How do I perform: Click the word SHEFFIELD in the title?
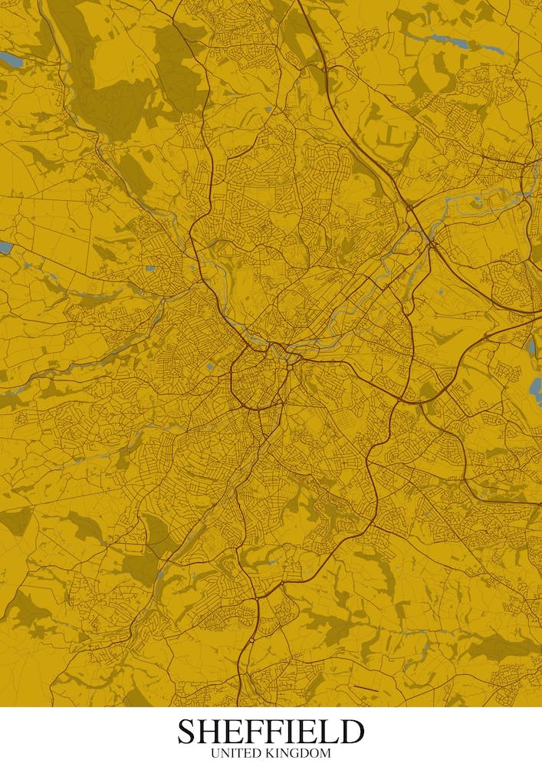(271, 732)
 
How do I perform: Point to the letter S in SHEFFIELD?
(188, 732)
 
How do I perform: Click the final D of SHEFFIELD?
(351, 732)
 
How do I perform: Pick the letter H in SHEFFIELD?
(212, 732)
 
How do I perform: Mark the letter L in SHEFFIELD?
(329, 732)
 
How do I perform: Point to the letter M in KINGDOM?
(325, 754)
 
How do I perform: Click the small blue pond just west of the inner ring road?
(209, 367)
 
